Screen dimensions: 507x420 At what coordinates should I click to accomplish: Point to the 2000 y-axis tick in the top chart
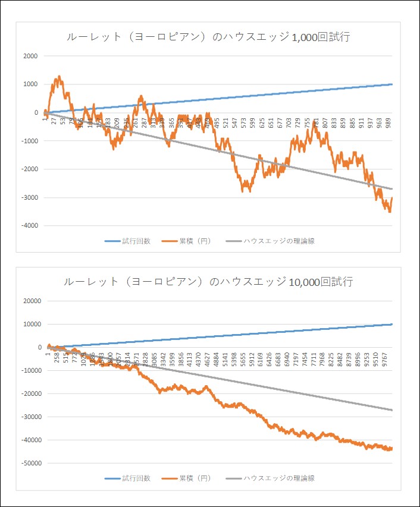point(30,56)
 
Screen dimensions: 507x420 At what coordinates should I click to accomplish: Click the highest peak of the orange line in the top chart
point(59,77)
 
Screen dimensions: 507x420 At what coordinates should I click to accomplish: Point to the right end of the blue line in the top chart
point(392,84)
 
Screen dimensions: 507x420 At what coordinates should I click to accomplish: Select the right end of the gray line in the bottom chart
point(392,410)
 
